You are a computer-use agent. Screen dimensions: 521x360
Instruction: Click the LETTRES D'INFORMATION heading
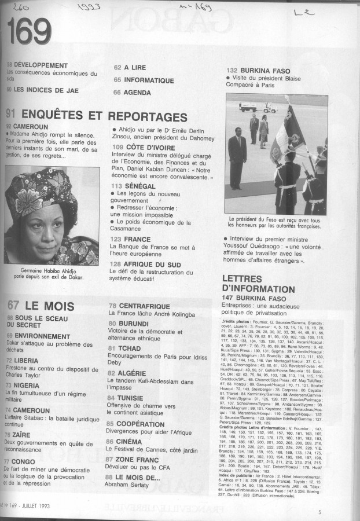click(258, 284)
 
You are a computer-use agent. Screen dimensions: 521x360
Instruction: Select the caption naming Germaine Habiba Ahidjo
click(49, 273)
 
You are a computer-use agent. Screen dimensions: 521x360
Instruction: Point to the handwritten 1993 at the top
click(89, 8)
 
